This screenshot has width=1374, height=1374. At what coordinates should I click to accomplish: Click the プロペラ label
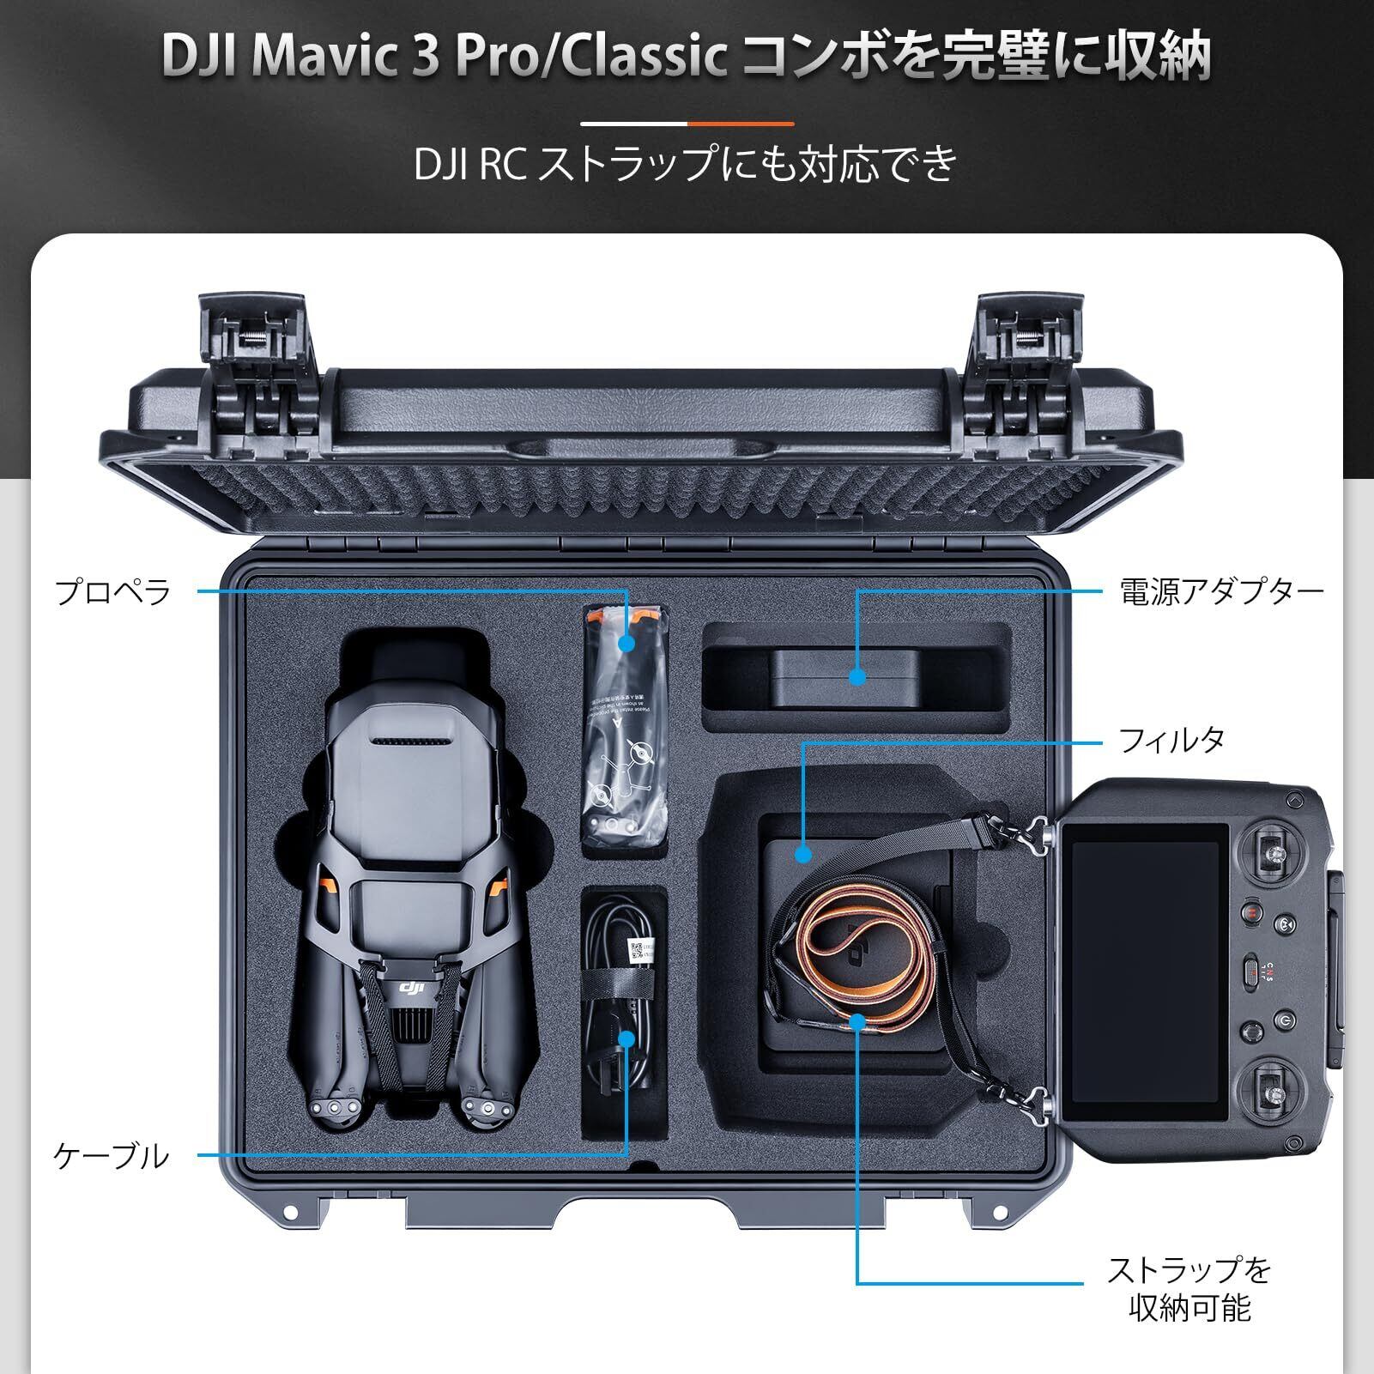tap(113, 592)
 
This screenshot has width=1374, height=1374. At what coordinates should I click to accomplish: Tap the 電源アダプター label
tap(1221, 592)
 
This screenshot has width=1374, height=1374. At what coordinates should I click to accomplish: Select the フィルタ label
tap(1171, 740)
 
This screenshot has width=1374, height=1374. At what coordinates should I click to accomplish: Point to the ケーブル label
tap(112, 1156)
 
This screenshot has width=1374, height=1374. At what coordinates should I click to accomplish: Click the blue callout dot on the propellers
tap(626, 643)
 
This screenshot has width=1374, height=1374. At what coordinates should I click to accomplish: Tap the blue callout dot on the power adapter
tap(856, 676)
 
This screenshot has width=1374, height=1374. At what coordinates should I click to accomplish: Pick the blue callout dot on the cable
tap(626, 1038)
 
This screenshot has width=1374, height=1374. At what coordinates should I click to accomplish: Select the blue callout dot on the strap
tap(856, 1021)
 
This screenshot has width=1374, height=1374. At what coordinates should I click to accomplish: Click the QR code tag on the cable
tap(637, 948)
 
